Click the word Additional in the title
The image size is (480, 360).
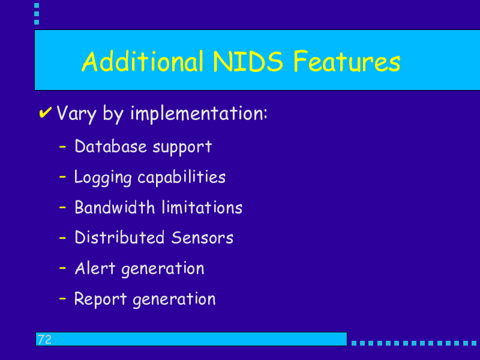point(143,61)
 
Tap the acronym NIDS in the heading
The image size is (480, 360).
point(248,62)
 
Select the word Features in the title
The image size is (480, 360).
point(347,62)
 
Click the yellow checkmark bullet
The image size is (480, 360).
point(46,112)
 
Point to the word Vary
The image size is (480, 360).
point(77,114)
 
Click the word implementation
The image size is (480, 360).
point(199,114)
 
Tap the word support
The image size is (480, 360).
point(182,147)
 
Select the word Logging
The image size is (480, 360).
point(103,178)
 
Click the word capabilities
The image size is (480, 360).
point(182,178)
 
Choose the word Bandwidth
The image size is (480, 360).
point(115,207)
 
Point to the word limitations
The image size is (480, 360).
point(202,207)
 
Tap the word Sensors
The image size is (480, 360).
point(202,238)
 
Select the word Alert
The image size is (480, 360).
point(95,268)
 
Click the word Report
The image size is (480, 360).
point(100,299)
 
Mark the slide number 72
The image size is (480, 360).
point(44,340)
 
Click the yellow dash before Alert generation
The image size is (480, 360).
point(62,268)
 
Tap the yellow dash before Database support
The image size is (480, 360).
point(62,147)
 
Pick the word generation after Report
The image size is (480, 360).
point(174,299)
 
